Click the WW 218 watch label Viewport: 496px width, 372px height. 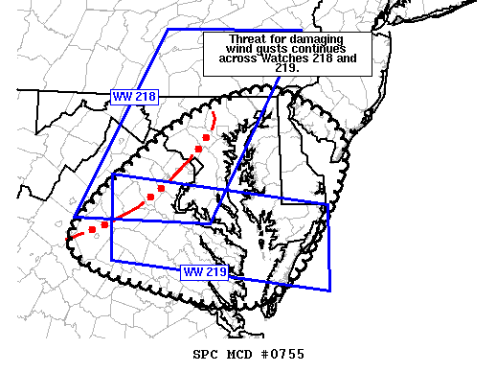(x=133, y=96)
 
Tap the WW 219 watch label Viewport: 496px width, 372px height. (x=204, y=271)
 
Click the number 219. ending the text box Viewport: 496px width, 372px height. (x=287, y=69)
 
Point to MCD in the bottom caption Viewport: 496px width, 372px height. (x=242, y=355)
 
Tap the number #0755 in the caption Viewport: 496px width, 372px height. (x=283, y=355)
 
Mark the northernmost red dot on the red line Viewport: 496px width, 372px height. (x=206, y=138)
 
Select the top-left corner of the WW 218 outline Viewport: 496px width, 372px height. (x=168, y=29)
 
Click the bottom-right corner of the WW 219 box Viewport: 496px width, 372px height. (x=330, y=289)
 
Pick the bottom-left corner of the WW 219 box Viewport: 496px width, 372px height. (x=112, y=260)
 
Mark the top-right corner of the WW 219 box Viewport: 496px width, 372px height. (x=328, y=202)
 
